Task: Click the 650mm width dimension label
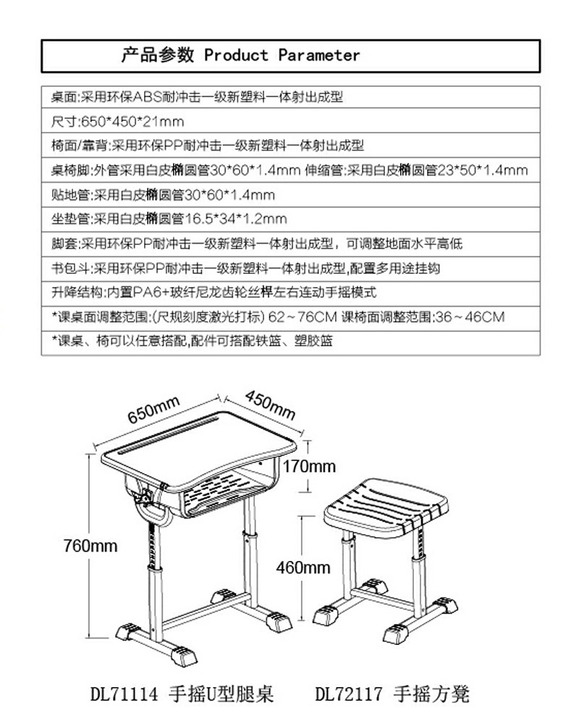click(153, 409)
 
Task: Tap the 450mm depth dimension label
click(271, 405)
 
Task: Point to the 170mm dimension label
click(309, 466)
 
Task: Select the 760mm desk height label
click(90, 546)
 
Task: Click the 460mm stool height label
click(303, 567)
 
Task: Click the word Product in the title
click(236, 55)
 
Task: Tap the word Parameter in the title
click(319, 55)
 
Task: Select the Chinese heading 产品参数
click(158, 55)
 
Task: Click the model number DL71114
click(124, 694)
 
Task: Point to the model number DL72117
click(349, 694)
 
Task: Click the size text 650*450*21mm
click(132, 122)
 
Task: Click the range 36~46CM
click(470, 317)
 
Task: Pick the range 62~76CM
click(303, 317)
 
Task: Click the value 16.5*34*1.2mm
click(236, 219)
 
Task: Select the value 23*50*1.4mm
click(482, 170)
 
